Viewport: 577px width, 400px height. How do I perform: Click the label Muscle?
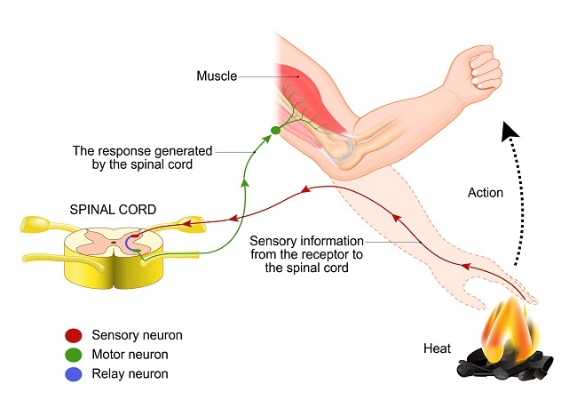pyautogui.click(x=216, y=76)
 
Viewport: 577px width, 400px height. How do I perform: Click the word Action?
pyautogui.click(x=486, y=193)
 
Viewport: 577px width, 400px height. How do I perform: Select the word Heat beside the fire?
pyautogui.click(x=439, y=349)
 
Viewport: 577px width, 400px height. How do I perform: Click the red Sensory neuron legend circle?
pyautogui.click(x=75, y=335)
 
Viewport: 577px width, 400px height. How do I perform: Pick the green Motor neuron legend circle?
pyautogui.click(x=75, y=355)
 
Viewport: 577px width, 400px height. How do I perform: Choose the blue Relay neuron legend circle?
pyautogui.click(x=75, y=373)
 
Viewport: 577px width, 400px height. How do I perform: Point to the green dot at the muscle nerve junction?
pyautogui.click(x=275, y=131)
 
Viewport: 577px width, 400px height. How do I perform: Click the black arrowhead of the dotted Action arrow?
pyautogui.click(x=508, y=132)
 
